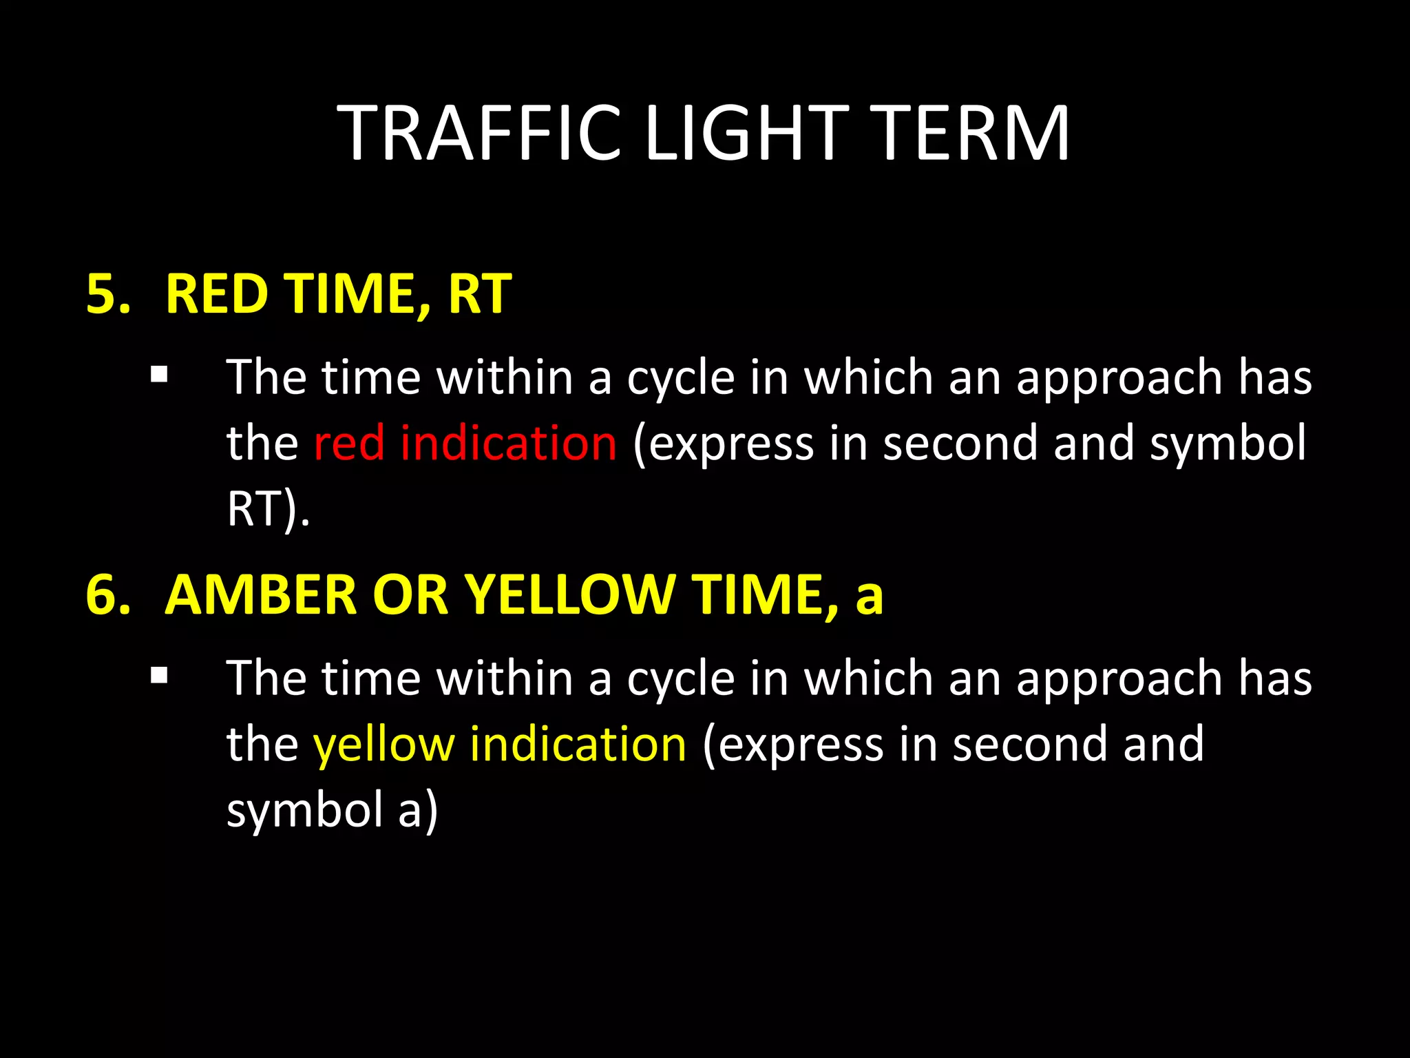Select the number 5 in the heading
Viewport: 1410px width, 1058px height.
[103, 294]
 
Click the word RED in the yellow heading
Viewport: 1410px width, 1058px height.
[216, 294]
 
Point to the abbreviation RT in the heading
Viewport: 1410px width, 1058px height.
[480, 294]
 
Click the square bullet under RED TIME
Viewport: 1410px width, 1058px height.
[159, 375]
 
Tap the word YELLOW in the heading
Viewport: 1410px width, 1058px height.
[569, 594]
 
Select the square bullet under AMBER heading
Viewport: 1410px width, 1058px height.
[159, 676]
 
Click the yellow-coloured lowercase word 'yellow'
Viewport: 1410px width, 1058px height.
[383, 745]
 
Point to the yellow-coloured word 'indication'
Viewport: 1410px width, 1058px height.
[578, 745]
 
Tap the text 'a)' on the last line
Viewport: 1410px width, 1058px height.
[418, 810]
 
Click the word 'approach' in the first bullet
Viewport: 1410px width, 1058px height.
[1119, 377]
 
